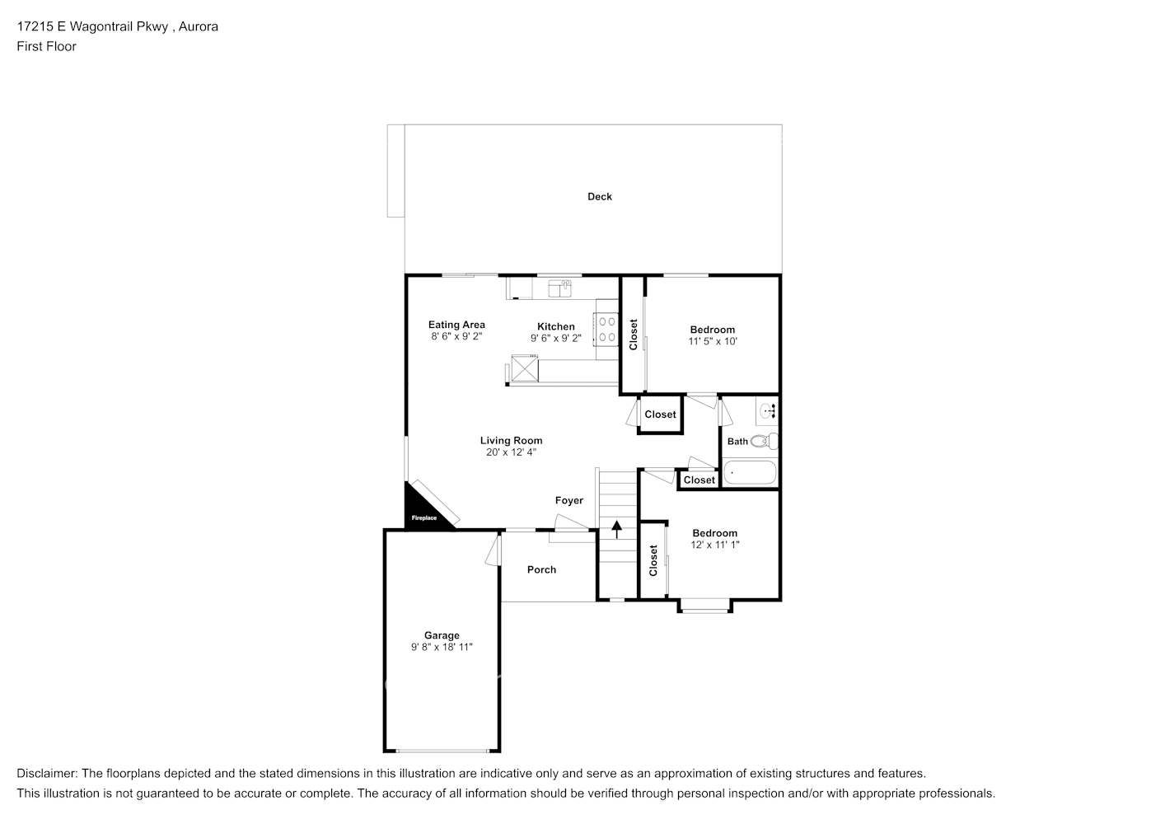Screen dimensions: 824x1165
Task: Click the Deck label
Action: pos(599,196)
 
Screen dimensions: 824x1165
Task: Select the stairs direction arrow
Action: pos(616,528)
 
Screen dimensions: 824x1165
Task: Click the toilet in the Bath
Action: pos(764,442)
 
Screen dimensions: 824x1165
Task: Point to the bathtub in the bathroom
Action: pos(749,473)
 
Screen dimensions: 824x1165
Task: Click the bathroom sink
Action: pos(768,409)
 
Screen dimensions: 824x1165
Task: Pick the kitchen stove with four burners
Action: pos(606,329)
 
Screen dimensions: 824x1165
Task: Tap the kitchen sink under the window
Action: pos(559,288)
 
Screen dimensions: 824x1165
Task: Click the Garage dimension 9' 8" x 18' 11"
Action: pos(442,648)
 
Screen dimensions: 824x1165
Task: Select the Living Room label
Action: pos(511,440)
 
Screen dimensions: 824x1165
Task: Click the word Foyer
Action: pos(568,500)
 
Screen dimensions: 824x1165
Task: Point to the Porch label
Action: pos(541,569)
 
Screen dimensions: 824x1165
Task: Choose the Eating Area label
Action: pos(456,325)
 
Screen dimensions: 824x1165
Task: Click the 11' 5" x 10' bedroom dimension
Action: pos(713,341)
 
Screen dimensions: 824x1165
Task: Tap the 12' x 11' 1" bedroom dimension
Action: pos(714,545)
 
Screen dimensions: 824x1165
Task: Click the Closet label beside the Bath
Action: pos(699,480)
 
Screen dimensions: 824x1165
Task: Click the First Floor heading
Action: pos(46,46)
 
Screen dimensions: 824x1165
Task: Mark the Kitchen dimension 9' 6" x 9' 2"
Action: pos(556,338)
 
